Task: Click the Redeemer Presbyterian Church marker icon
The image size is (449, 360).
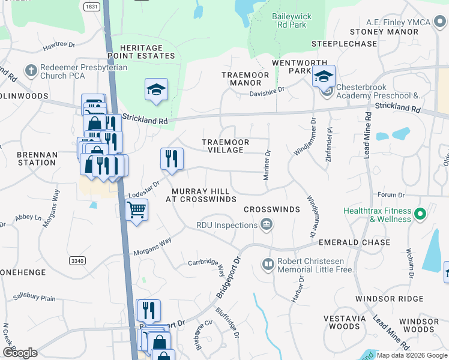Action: pos(31,71)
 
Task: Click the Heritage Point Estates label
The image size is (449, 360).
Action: pos(141,52)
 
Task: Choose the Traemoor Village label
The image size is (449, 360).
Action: pos(225,146)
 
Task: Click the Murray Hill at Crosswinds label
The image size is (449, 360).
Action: pos(200,194)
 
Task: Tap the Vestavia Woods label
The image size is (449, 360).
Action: pos(341,322)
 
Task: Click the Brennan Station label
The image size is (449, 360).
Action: pos(37,158)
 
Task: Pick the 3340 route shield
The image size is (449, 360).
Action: pos(77,260)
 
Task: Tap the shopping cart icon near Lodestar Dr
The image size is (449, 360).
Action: pos(137,209)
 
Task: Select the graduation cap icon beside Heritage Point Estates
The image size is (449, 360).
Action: pos(156,89)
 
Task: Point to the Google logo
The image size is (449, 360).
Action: pos(20,353)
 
